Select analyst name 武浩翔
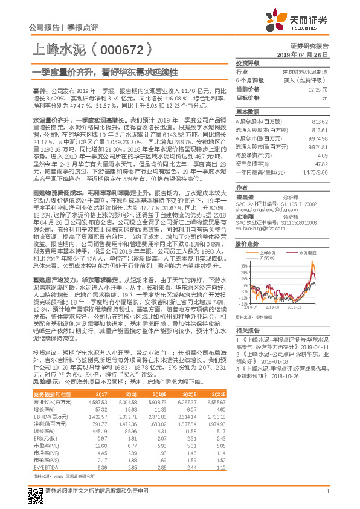coord(244,216)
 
